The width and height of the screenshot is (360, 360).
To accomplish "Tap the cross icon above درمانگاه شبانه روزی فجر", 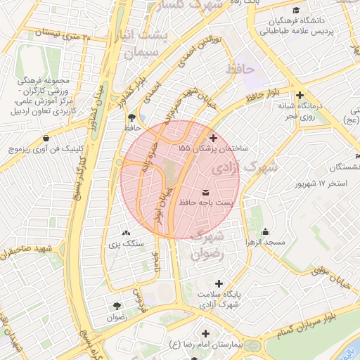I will click(300, 95).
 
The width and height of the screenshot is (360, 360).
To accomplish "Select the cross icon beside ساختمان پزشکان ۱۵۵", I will click(214, 139).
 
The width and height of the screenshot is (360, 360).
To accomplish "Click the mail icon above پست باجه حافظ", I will click(205, 192).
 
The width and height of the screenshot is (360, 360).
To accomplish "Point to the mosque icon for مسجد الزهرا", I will click(265, 232).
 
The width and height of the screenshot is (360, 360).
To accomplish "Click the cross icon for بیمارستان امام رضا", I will click(205, 333).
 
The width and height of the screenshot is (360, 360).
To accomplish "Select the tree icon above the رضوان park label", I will click(116, 306).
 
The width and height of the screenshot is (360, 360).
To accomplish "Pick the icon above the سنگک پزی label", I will click(126, 233).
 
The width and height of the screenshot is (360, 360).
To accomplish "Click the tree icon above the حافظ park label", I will click(131, 117).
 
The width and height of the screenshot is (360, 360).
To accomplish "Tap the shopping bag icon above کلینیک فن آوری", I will click(46, 138).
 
